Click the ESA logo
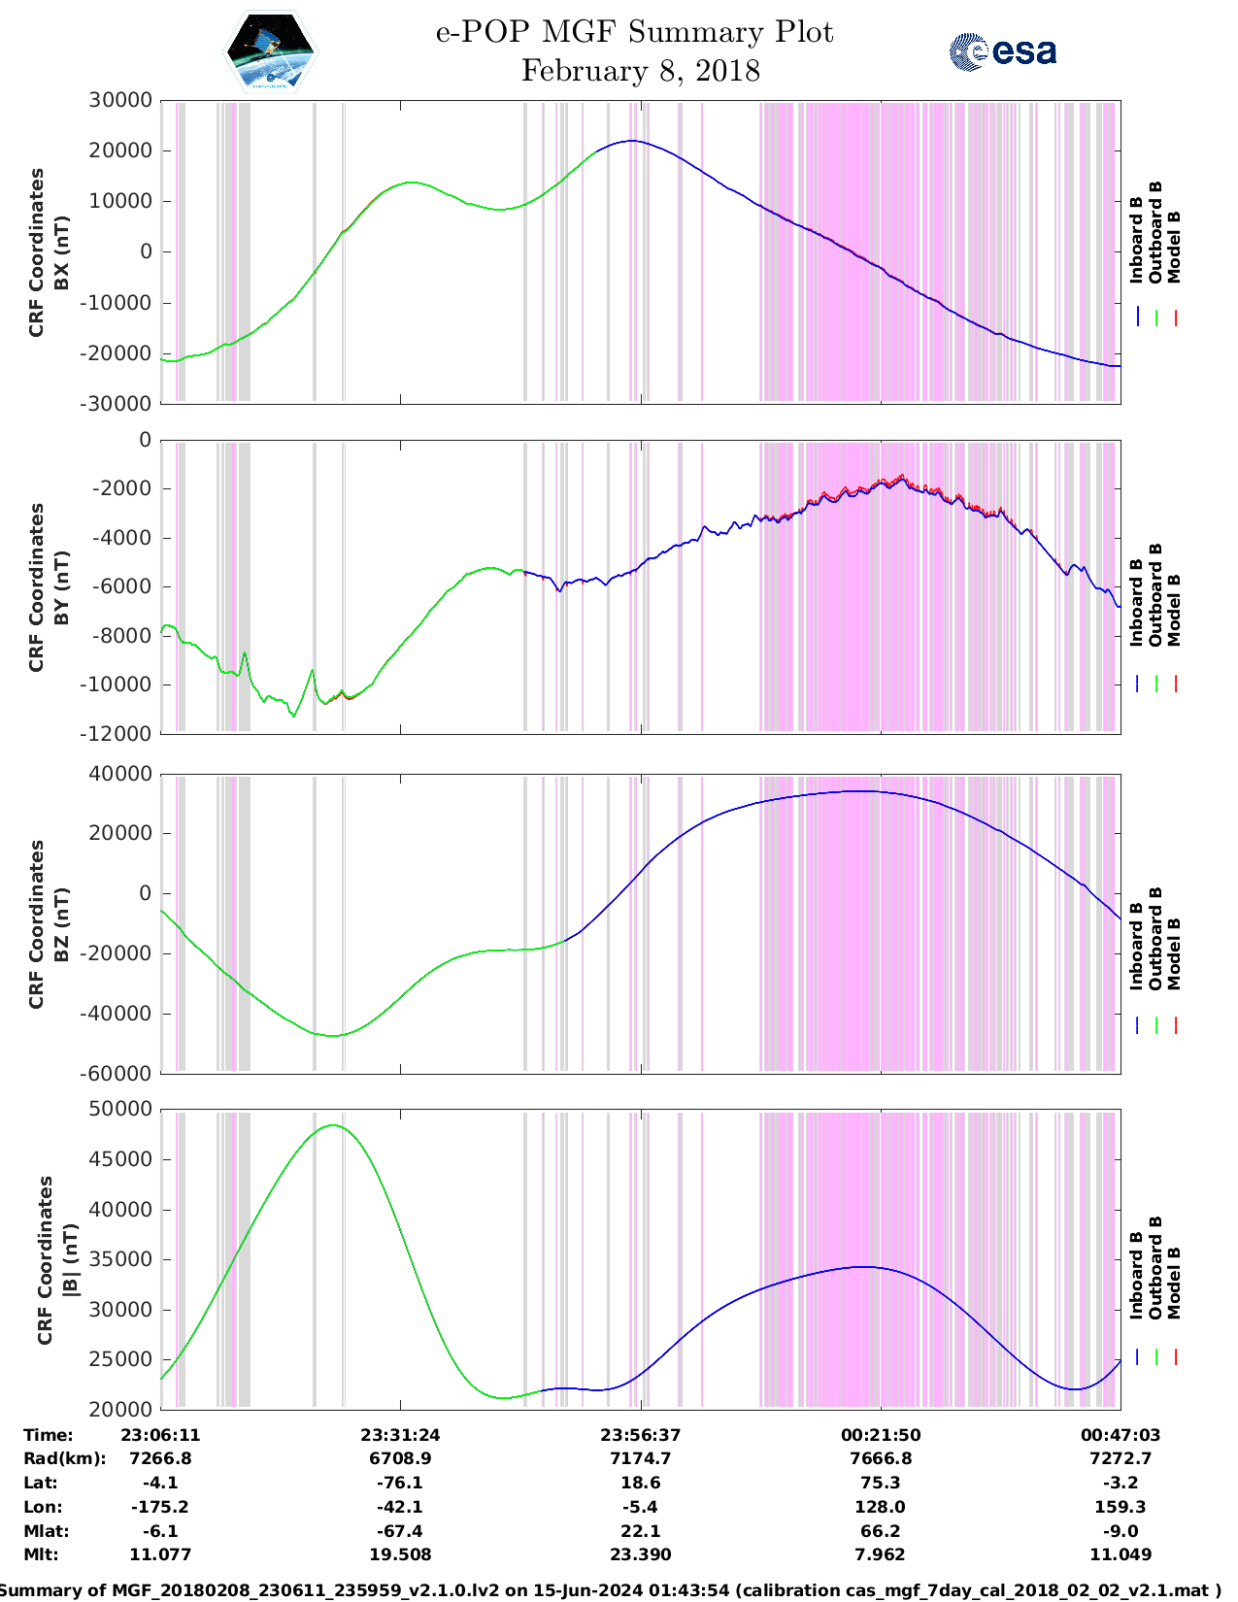click(x=1003, y=51)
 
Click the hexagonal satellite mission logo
click(x=271, y=52)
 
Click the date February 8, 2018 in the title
click(x=640, y=72)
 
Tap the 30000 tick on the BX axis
click(x=120, y=100)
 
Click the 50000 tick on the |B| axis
click(x=120, y=1109)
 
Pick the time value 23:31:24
click(x=400, y=1435)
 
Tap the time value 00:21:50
click(x=881, y=1435)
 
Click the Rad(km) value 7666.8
click(x=881, y=1458)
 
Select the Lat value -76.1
click(x=400, y=1483)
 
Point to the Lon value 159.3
click(x=1121, y=1507)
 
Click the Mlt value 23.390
click(x=640, y=1554)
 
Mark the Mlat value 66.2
click(x=881, y=1531)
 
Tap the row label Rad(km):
click(x=64, y=1458)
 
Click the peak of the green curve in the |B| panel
click(x=333, y=1125)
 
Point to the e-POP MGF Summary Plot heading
click(x=634, y=32)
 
